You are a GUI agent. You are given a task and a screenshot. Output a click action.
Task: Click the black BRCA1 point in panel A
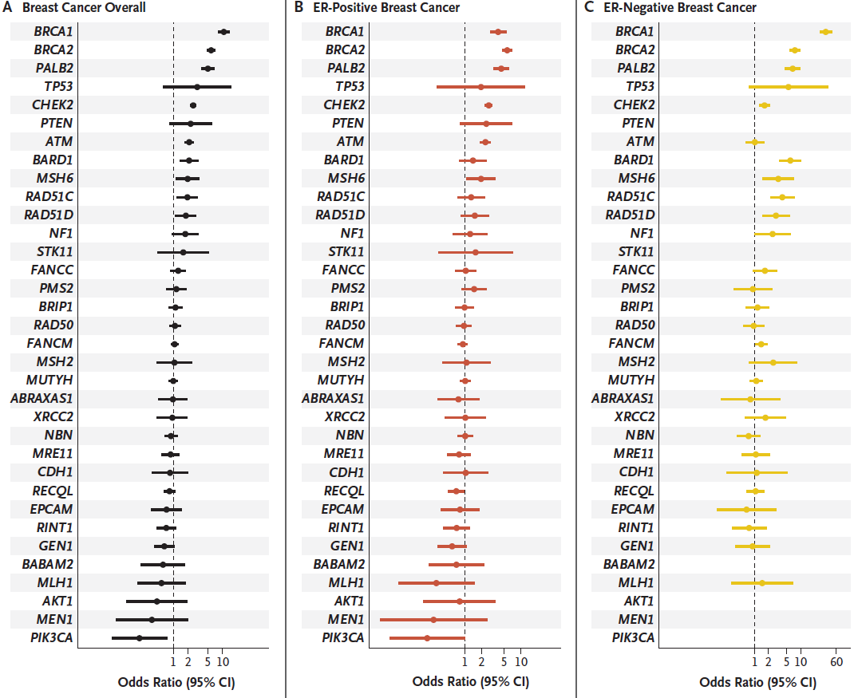tap(223, 32)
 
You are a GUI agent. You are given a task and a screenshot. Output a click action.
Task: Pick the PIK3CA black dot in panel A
tap(139, 637)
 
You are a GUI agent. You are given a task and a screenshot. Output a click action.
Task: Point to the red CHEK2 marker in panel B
tap(488, 105)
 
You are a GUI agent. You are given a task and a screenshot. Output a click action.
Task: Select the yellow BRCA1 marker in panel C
tap(826, 32)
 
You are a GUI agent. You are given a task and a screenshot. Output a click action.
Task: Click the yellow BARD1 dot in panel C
tap(790, 160)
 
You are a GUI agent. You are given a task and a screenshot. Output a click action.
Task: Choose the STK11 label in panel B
tap(345, 252)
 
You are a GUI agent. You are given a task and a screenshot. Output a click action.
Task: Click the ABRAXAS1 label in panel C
tap(623, 399)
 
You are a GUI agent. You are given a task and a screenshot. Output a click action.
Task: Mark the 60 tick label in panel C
tap(836, 661)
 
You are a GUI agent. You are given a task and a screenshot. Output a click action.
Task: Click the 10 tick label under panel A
tap(223, 661)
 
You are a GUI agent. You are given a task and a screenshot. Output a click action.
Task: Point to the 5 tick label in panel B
tap(503, 661)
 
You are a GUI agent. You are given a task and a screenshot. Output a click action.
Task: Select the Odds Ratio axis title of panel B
tap(471, 683)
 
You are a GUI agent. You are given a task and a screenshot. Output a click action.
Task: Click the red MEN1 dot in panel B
tap(433, 619)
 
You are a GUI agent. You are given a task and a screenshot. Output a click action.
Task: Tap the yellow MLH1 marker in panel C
tap(761, 582)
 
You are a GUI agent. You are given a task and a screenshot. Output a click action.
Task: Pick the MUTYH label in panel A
tap(52, 381)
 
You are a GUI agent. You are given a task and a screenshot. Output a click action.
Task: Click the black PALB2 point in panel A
tap(208, 69)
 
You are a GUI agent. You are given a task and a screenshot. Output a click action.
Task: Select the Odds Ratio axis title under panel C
tap(758, 683)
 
